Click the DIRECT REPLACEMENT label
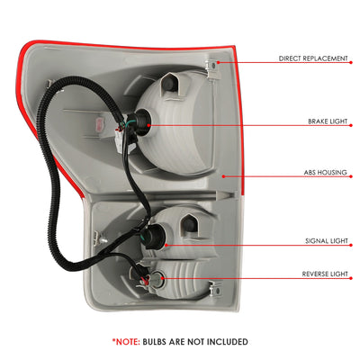313,58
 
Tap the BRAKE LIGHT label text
328,121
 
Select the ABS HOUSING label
325,173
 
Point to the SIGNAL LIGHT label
327,241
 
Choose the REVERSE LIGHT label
325,274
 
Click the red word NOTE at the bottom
126,342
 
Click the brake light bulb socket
141,123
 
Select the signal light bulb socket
156,238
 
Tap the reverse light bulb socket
157,278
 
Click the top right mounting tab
212,69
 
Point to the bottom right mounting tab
215,288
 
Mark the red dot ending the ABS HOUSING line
223,176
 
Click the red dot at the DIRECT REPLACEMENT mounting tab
218,62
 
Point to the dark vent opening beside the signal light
189,224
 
